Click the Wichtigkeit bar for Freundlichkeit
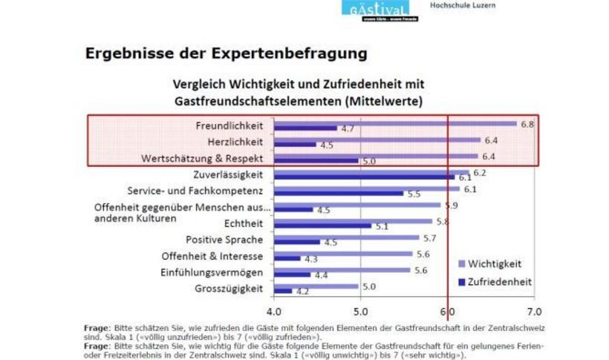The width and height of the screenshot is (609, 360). [394, 123]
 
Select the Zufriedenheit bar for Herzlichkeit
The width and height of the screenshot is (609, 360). [295, 145]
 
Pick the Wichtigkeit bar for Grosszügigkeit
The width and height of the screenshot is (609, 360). [316, 286]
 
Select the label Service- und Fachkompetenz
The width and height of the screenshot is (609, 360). [195, 190]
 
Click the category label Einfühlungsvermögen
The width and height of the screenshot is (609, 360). [212, 272]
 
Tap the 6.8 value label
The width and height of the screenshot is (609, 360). [527, 124]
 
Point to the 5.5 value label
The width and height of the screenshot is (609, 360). [414, 194]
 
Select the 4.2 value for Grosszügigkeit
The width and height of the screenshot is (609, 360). [302, 292]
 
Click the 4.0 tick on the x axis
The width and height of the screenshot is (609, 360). [273, 310]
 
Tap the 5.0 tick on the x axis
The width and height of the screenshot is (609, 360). [360, 310]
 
